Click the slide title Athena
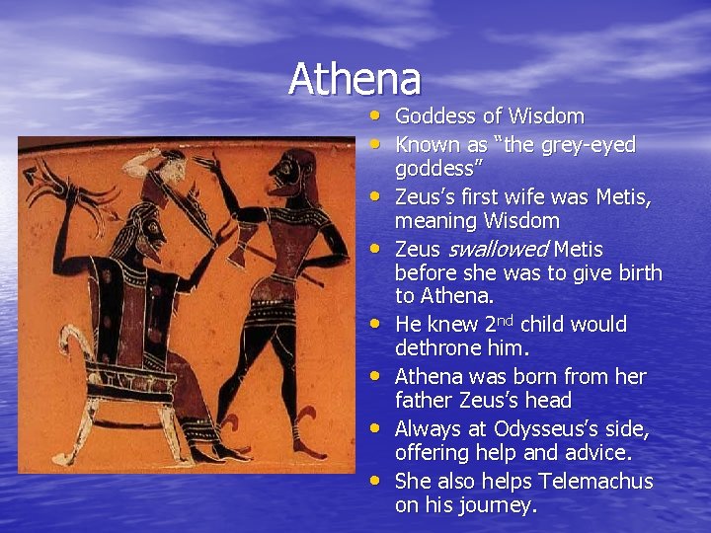355,79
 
